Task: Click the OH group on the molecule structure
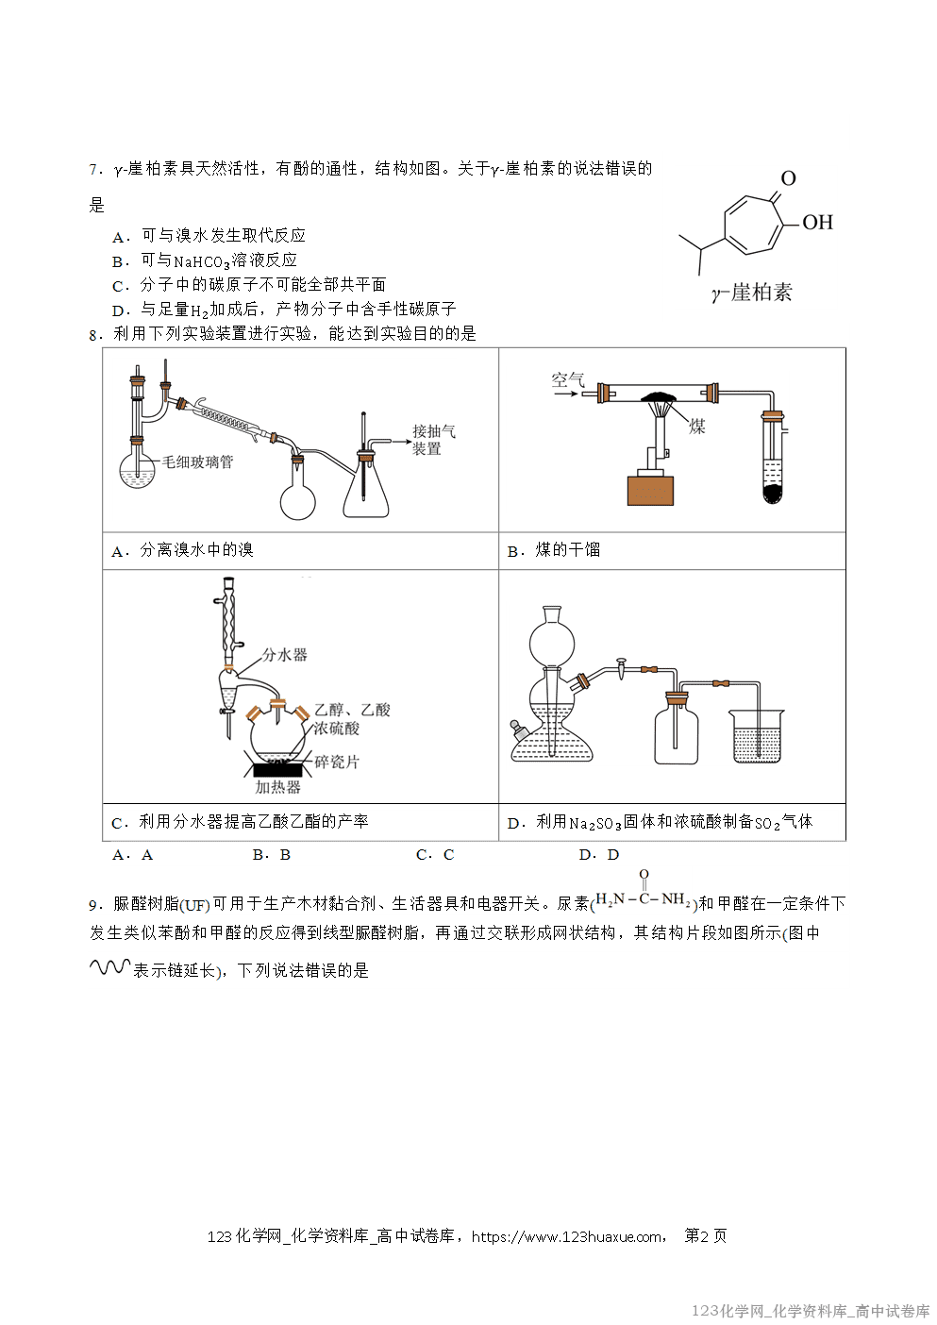click(817, 223)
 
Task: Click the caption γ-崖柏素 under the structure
click(751, 294)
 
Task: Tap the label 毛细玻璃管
click(197, 461)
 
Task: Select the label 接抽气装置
click(432, 440)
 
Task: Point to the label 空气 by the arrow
click(568, 379)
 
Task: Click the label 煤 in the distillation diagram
click(697, 427)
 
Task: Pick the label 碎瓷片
click(337, 762)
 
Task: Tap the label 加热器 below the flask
click(277, 787)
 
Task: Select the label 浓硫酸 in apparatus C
click(337, 728)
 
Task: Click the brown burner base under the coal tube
click(650, 491)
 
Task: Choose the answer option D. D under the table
click(598, 855)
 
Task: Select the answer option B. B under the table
click(272, 855)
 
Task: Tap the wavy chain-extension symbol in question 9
click(109, 967)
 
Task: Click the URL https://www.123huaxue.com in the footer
click(566, 1236)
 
